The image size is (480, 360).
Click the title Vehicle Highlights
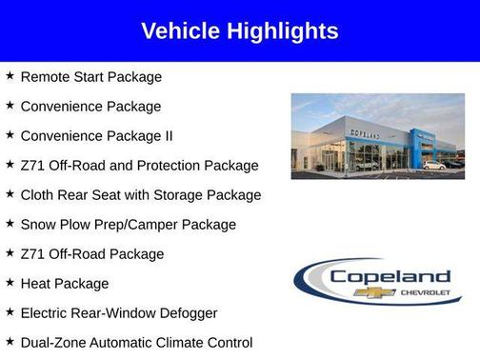pyautogui.click(x=239, y=30)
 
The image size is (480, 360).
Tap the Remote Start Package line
pyautogui.click(x=91, y=77)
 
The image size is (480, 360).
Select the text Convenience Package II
pyautogui.click(x=96, y=136)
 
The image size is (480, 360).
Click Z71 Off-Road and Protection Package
pyautogui.click(x=139, y=166)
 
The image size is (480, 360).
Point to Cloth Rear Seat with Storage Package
pyautogui.click(x=140, y=195)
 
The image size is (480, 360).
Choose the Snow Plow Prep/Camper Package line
pyautogui.click(x=128, y=225)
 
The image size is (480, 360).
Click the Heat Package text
pyautogui.click(x=65, y=284)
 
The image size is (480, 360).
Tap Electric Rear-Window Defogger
pyautogui.click(x=119, y=313)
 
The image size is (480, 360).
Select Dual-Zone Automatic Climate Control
pyautogui.click(x=136, y=343)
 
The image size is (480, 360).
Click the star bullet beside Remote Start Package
pyautogui.click(x=10, y=76)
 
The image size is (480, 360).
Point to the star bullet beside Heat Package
pyautogui.click(x=10, y=283)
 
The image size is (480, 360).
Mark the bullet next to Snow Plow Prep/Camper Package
pyautogui.click(x=10, y=224)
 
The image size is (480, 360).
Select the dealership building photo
pyautogui.click(x=377, y=136)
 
